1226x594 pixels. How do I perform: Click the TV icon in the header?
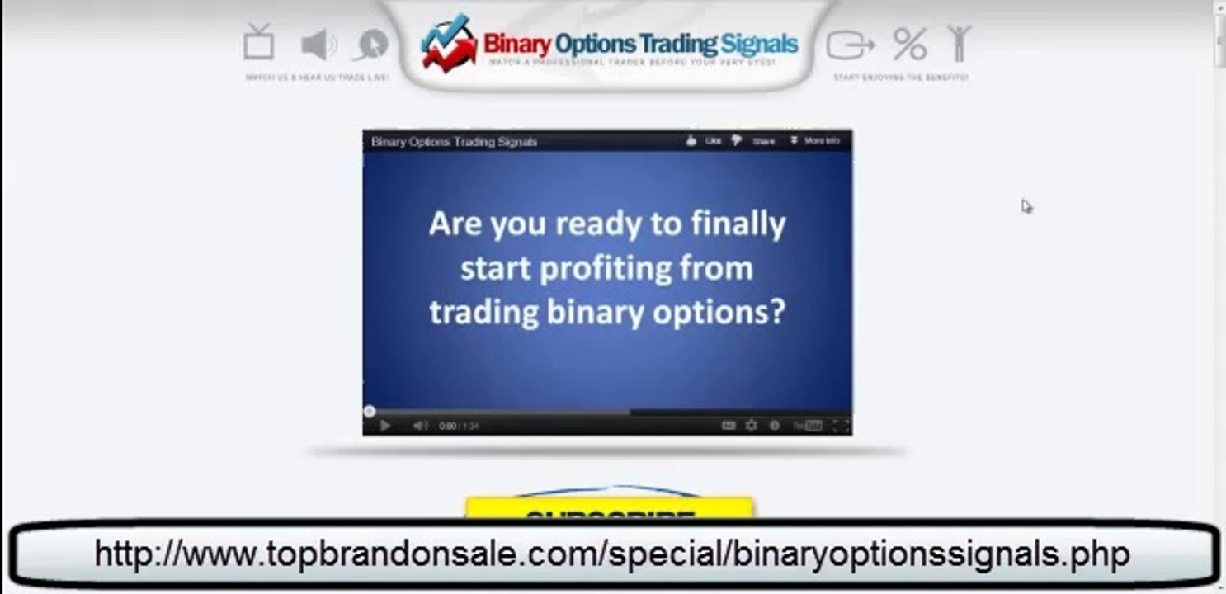click(x=259, y=41)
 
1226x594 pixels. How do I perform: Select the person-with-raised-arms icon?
click(x=959, y=43)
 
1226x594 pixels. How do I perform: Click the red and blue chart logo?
click(x=448, y=43)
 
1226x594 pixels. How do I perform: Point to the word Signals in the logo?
click(x=758, y=43)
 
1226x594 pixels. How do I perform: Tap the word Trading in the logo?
click(x=674, y=43)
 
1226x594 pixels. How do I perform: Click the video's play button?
click(x=384, y=426)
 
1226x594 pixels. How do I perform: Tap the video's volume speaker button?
click(x=419, y=426)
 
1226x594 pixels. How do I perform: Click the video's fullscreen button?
click(x=840, y=426)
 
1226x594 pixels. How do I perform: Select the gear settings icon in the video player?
click(x=752, y=426)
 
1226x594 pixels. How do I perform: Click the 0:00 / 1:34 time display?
click(x=459, y=427)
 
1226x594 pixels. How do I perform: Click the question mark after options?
click(x=774, y=313)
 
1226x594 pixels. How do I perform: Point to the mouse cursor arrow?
click(x=1026, y=206)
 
